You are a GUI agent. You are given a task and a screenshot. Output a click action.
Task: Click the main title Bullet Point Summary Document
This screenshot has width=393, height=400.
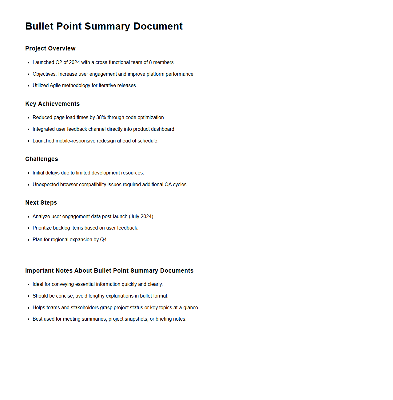pyautogui.click(x=104, y=26)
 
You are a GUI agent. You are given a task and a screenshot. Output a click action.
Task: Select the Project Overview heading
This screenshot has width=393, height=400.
pyautogui.click(x=50, y=49)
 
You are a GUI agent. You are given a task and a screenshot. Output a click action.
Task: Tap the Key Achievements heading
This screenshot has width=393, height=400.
pyautogui.click(x=52, y=104)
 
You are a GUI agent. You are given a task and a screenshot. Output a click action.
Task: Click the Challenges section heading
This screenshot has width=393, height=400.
pyautogui.click(x=42, y=159)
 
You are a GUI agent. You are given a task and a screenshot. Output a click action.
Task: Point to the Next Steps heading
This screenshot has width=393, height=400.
pyautogui.click(x=41, y=203)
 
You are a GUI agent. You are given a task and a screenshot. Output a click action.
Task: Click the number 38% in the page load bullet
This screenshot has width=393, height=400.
pyautogui.click(x=101, y=118)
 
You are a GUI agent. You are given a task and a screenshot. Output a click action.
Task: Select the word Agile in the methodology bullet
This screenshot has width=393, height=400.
pyautogui.click(x=55, y=86)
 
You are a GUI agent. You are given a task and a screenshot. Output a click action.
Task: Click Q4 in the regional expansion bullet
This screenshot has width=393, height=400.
pyautogui.click(x=103, y=240)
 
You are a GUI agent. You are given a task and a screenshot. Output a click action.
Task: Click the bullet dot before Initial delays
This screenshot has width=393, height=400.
pyautogui.click(x=28, y=173)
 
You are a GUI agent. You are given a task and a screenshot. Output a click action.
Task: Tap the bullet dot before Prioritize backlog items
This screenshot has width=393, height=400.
pyautogui.click(x=28, y=228)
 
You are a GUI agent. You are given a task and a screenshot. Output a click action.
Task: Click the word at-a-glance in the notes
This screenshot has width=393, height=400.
pyautogui.click(x=186, y=308)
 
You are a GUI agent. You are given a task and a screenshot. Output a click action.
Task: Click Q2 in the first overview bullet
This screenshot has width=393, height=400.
pyautogui.click(x=59, y=62)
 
